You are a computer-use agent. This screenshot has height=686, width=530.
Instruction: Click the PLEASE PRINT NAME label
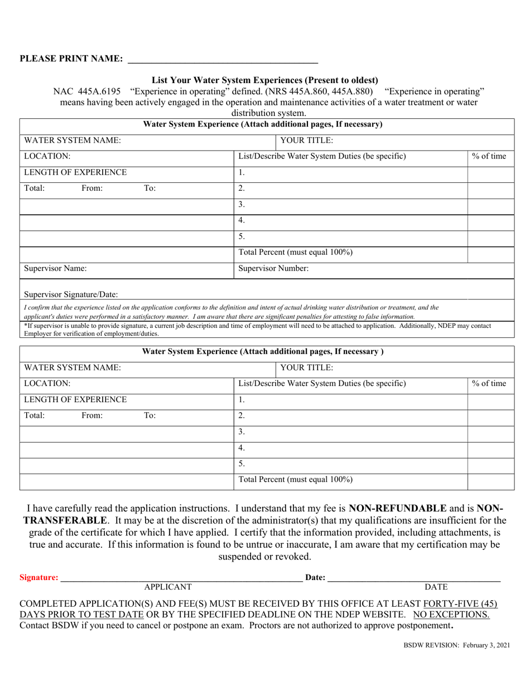point(71,59)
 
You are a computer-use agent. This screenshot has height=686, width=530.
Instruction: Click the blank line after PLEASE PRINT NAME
point(223,59)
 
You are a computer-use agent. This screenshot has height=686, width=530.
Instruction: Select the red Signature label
point(38,578)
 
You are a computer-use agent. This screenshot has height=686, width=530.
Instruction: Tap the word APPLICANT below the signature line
point(168,587)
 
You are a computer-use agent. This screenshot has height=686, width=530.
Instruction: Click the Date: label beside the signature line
point(315,578)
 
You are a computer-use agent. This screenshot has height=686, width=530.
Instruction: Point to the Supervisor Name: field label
point(55,268)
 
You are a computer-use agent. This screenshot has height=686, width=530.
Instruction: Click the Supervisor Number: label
point(273,268)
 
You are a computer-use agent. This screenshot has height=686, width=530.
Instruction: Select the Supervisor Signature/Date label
point(71,294)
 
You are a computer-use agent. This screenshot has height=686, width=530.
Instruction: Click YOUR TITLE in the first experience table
point(306,141)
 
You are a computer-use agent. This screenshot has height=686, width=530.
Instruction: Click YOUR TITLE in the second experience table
point(306,368)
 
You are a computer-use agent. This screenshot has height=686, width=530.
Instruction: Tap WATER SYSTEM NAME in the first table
point(73,141)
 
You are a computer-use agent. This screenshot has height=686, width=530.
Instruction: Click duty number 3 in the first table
point(242,205)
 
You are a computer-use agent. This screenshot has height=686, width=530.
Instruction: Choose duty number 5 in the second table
point(242,463)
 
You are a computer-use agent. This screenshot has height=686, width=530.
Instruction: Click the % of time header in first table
point(489,156)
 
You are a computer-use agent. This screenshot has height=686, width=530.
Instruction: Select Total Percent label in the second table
point(295,479)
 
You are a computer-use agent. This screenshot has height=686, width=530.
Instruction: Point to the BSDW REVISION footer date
point(456,645)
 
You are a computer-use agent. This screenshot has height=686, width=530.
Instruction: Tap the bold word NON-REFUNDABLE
point(397,508)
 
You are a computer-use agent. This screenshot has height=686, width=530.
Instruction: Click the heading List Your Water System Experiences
point(265,80)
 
